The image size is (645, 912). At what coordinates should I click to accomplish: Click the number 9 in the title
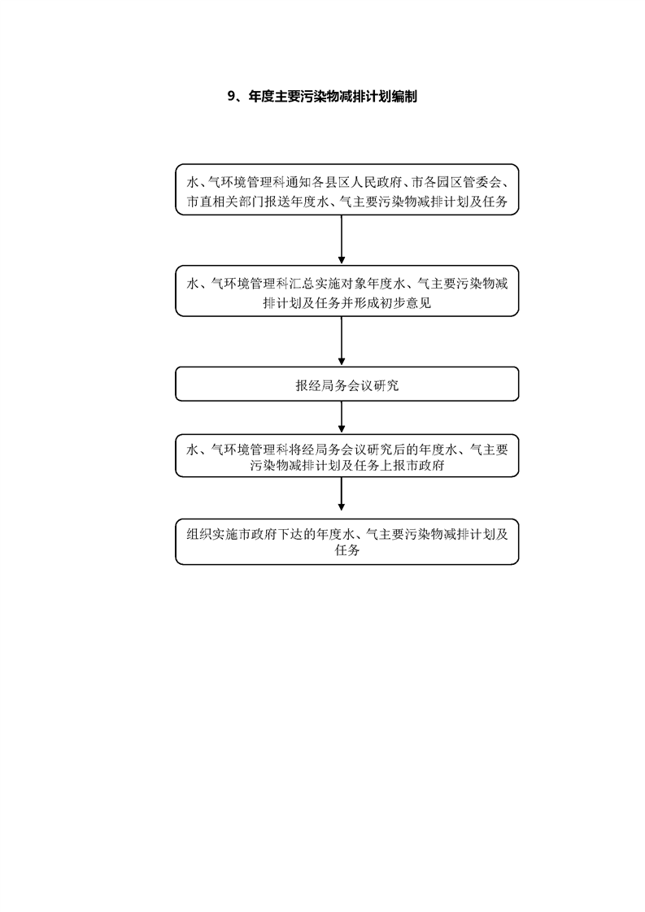coord(230,97)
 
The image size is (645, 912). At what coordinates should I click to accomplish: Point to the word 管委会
coord(482,183)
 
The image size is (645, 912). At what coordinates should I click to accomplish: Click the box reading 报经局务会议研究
coord(347,384)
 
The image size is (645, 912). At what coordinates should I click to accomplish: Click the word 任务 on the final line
coord(347,550)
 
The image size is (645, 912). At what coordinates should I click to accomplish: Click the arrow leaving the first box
coord(341,240)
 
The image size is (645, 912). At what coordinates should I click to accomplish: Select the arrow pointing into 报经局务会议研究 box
coord(341,341)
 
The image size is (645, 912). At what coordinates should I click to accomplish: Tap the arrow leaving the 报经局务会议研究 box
coord(341,418)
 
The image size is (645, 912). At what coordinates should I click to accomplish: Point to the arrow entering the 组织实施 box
coord(341,498)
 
